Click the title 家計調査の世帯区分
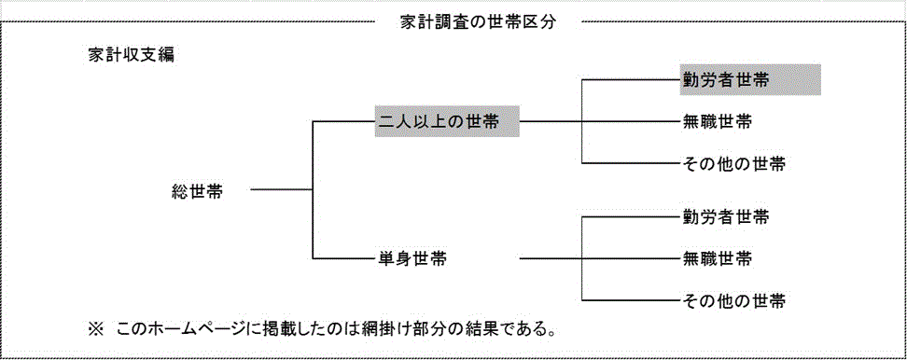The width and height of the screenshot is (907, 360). point(477,22)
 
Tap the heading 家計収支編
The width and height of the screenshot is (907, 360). point(127,54)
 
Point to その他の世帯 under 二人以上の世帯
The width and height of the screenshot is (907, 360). point(733,164)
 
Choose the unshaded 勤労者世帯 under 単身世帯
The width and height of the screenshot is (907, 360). point(725,217)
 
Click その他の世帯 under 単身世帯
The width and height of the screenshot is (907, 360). point(733,300)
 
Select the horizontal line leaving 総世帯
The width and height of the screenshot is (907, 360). point(281,191)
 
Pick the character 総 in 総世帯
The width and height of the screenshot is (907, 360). point(180,191)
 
